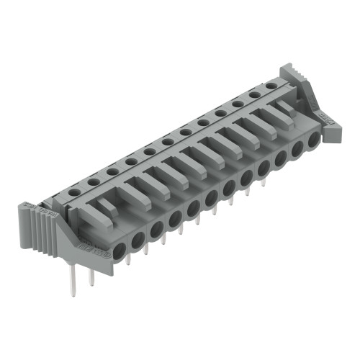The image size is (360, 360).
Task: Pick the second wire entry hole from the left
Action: pos(138,238)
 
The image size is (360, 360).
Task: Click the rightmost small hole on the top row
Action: pos(271,86)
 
